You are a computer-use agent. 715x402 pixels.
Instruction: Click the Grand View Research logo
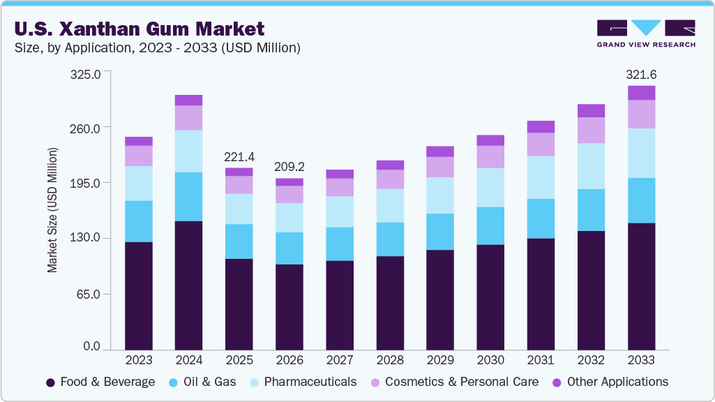[x=646, y=33]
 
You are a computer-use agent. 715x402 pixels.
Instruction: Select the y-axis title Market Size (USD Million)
[x=52, y=209]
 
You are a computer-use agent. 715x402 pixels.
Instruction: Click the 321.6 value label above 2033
[x=641, y=74]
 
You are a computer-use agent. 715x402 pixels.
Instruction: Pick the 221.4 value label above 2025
[x=239, y=157]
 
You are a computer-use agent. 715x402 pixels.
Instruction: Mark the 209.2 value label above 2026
[x=289, y=167]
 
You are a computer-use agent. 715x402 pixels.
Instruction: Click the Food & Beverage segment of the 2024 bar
[x=189, y=285]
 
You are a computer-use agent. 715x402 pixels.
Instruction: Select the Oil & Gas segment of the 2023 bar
[x=139, y=221]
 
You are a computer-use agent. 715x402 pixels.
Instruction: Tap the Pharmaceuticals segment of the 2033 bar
[x=641, y=153]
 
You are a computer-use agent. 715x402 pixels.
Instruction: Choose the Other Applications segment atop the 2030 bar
[x=490, y=140]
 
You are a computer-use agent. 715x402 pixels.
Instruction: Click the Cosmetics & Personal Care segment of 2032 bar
[x=591, y=130]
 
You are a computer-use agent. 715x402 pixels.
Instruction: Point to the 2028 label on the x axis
[x=390, y=360]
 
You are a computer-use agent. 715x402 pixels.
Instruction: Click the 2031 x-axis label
[x=541, y=360]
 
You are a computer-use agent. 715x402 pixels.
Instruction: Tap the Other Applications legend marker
[x=557, y=382]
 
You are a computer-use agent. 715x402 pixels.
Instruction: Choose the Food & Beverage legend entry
[x=100, y=382]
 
